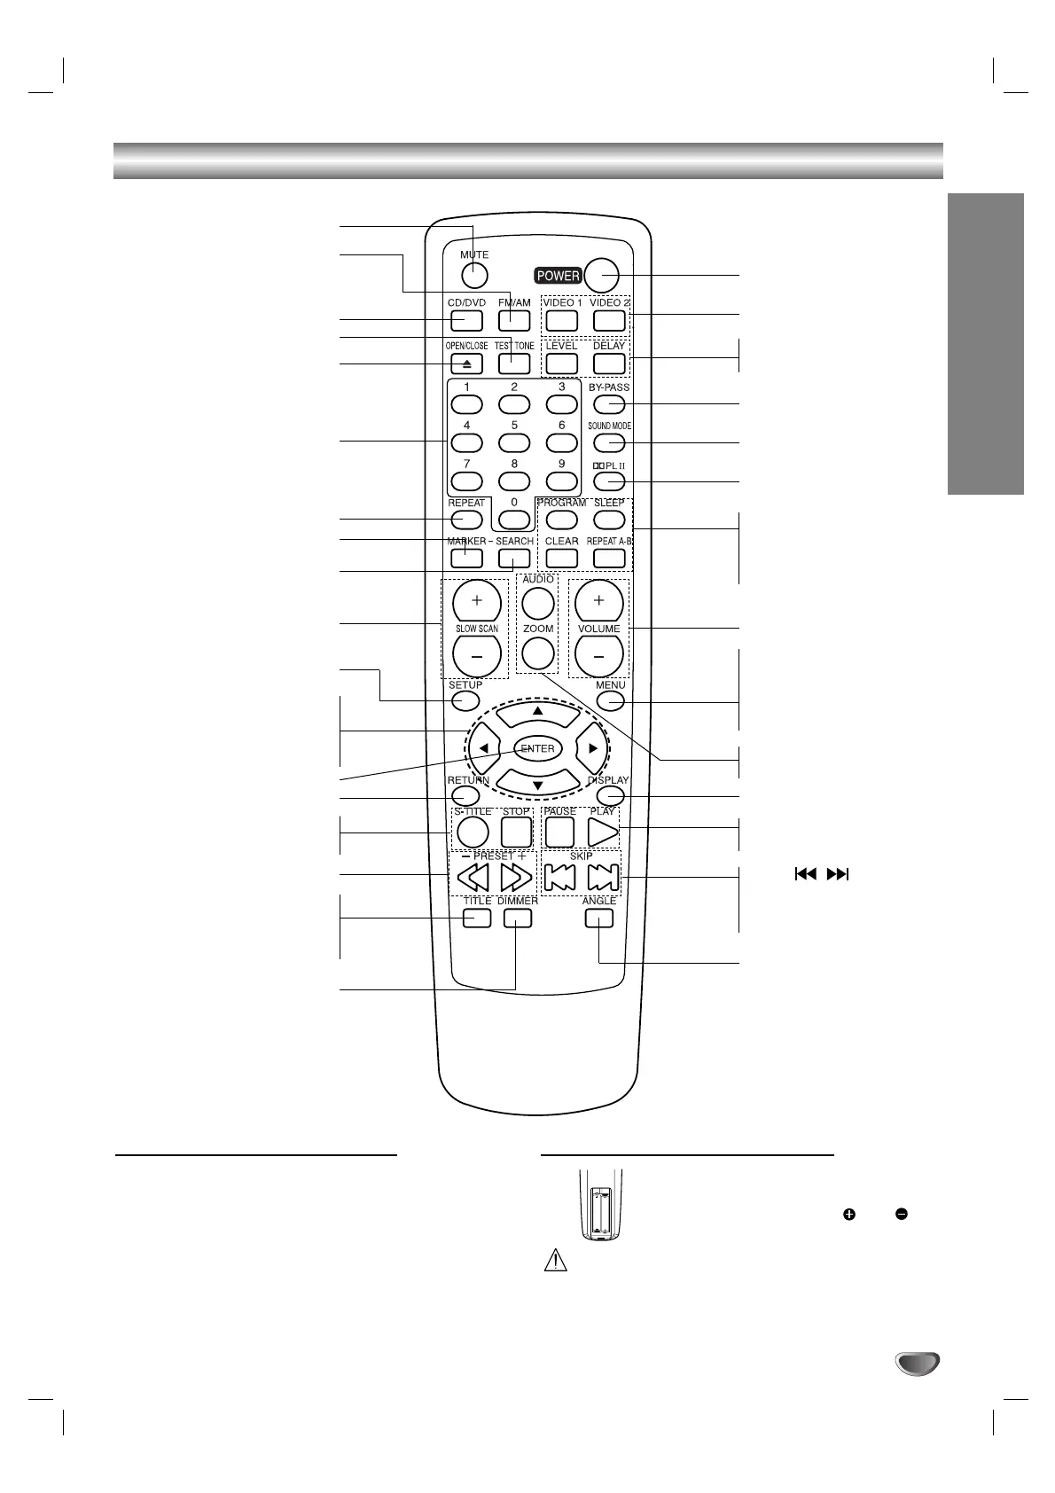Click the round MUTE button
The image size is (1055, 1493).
click(474, 276)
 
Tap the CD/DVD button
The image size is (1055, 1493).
click(465, 320)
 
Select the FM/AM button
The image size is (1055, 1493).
click(514, 320)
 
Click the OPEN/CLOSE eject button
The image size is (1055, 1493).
click(466, 363)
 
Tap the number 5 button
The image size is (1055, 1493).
click(514, 442)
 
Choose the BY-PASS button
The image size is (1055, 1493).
click(609, 404)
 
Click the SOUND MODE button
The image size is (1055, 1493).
click(609, 443)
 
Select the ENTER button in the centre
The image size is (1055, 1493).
click(537, 748)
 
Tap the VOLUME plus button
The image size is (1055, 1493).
click(598, 601)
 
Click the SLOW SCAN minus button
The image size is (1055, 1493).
click(477, 658)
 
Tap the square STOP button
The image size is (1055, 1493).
click(516, 832)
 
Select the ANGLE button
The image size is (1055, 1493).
click(599, 918)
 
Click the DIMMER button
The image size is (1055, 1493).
click(517, 918)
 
